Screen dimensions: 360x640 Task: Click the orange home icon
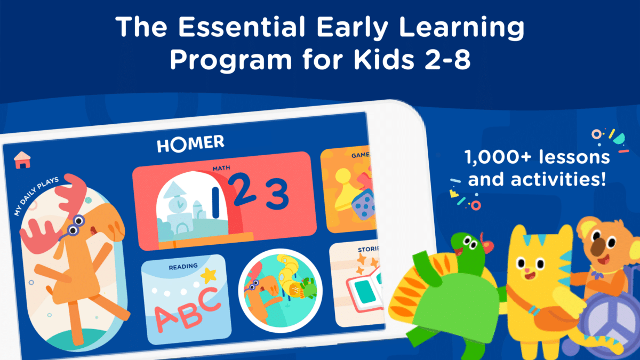(x=22, y=159)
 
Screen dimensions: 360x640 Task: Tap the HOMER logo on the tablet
(x=190, y=143)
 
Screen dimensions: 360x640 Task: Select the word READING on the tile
(x=183, y=266)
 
